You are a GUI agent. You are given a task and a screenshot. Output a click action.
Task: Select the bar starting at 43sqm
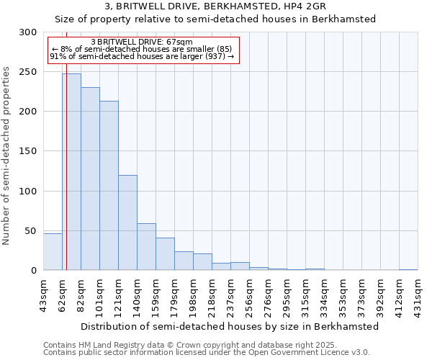pyautogui.click(x=53, y=252)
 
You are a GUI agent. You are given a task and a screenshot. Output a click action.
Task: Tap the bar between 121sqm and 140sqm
pyautogui.click(x=127, y=222)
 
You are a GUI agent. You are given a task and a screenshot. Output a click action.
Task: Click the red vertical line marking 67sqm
pyautogui.click(x=66, y=144)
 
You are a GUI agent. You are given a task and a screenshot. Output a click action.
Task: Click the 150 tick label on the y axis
pyautogui.click(x=28, y=151)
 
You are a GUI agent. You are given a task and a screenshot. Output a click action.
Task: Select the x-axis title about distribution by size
pyautogui.click(x=230, y=326)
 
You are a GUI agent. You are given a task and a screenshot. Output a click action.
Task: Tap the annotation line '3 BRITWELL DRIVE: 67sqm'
pyautogui.click(x=142, y=42)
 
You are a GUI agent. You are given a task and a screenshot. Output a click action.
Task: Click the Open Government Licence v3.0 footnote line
pyautogui.click(x=207, y=352)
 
